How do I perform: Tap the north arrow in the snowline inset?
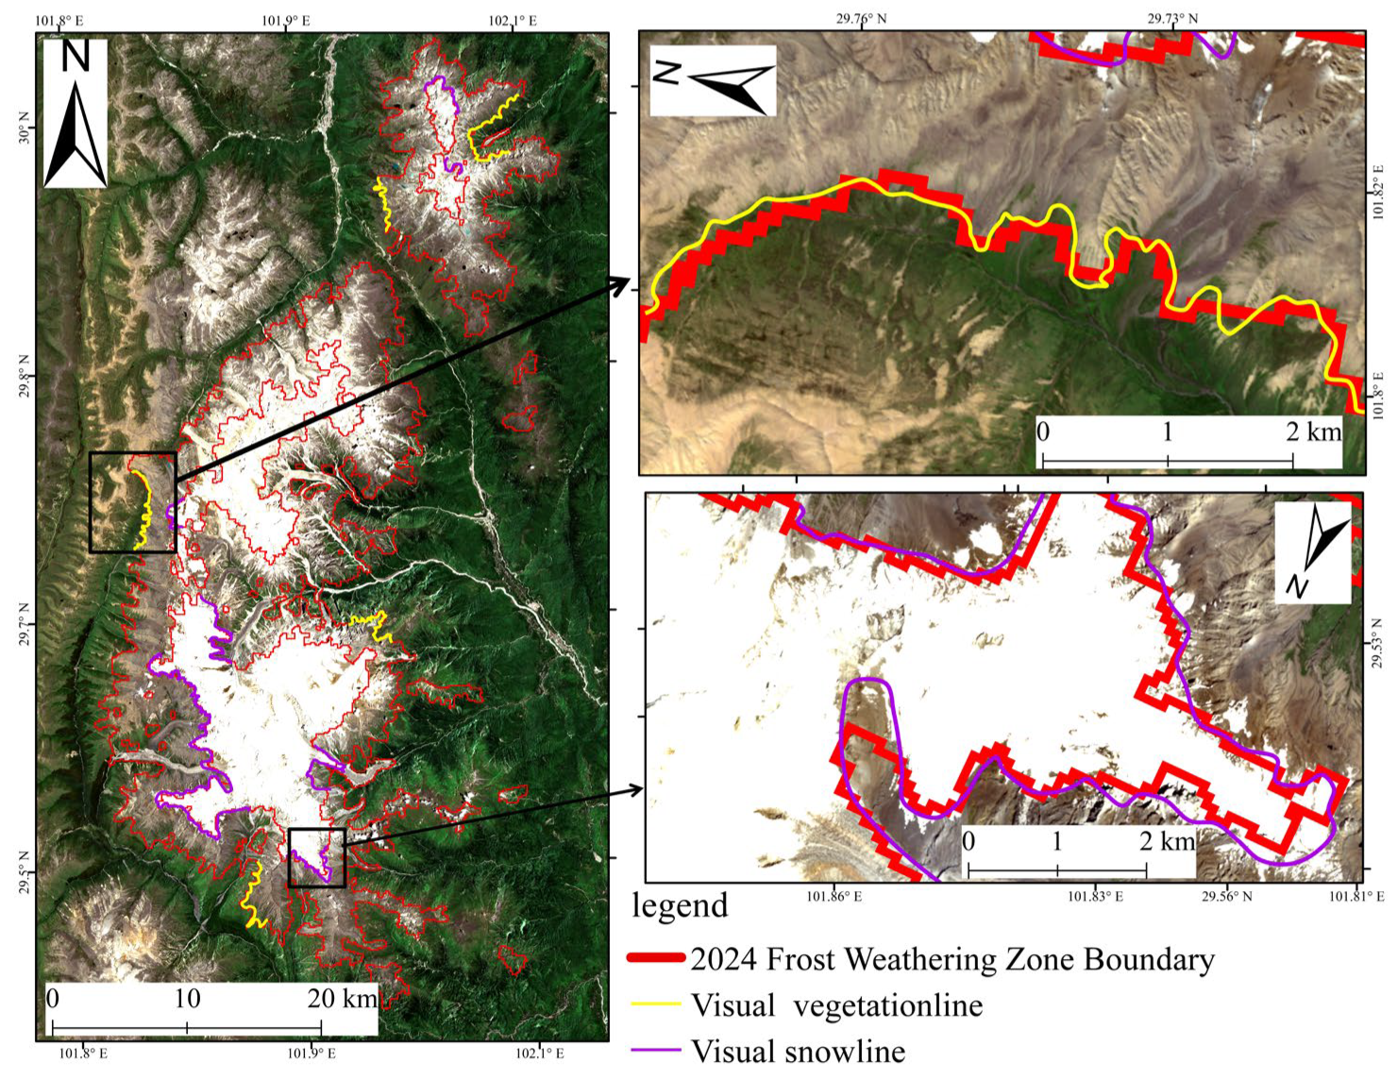click(x=1314, y=552)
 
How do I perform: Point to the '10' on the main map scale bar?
click(x=187, y=999)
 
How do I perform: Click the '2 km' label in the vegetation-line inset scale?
click(x=1313, y=432)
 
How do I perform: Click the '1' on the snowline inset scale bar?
click(x=1056, y=841)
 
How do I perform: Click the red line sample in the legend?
click(x=656, y=958)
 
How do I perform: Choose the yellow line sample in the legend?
click(x=656, y=1004)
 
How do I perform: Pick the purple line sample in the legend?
click(x=656, y=1050)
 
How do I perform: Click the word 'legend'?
click(x=680, y=906)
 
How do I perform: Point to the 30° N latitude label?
click(x=24, y=127)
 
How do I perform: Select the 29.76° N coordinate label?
click(x=861, y=18)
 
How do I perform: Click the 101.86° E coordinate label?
click(x=834, y=896)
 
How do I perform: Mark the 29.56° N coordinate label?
click(x=1227, y=896)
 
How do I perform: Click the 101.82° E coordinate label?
click(x=1379, y=194)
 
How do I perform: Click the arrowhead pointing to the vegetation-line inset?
click(x=622, y=282)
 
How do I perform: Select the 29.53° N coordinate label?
click(x=1379, y=644)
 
